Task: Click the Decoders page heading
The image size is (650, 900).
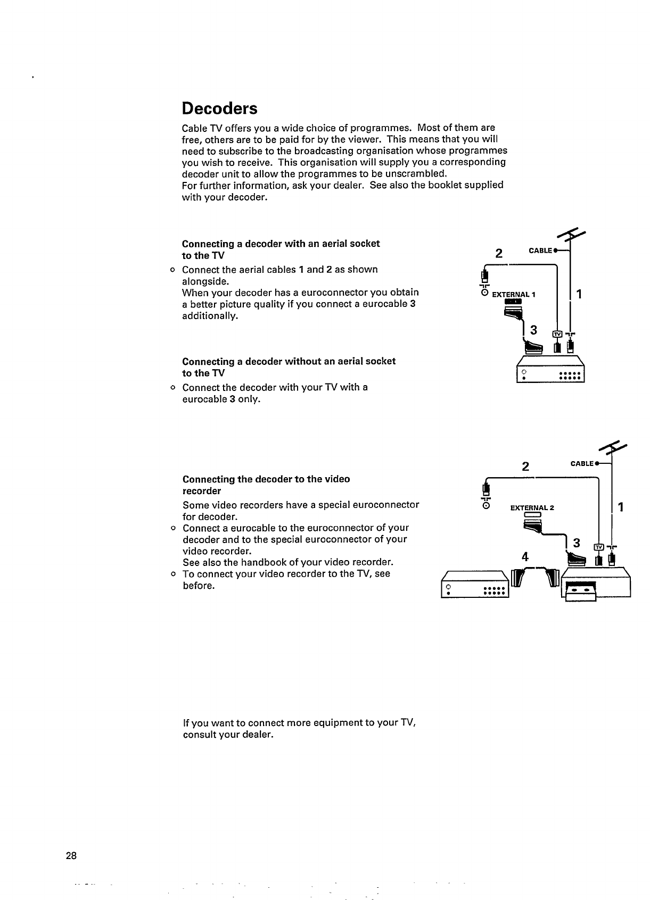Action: pos(219,109)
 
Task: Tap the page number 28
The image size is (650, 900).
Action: pos(71,856)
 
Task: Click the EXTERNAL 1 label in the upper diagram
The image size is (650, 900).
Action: pos(514,294)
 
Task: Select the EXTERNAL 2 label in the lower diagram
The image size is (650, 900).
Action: pos(532,507)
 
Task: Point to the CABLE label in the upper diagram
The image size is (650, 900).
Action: pos(540,251)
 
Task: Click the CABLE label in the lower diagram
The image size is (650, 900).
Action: pos(582,463)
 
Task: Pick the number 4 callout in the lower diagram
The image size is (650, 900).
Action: pos(525,557)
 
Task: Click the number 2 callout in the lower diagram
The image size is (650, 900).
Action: pos(525,467)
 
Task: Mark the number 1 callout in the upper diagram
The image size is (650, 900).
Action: pos(580,294)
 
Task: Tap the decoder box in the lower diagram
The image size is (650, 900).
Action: pos(475,586)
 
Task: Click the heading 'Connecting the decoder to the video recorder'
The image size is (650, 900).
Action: pos(266,485)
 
